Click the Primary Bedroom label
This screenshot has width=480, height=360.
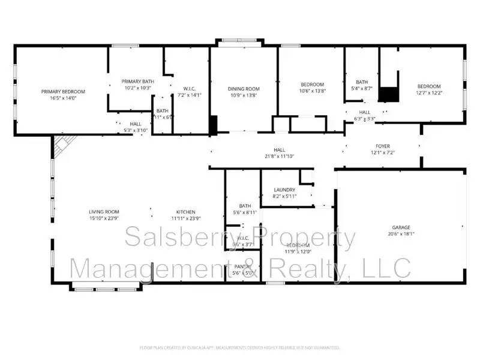[x=63, y=91]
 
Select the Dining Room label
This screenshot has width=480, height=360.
[x=244, y=89]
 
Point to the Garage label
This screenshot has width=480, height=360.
[x=401, y=227]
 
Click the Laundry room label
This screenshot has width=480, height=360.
[x=284, y=190]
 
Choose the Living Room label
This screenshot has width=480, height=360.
[x=104, y=212]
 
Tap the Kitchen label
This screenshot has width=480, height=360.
[x=185, y=212]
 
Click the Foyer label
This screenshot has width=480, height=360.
[x=382, y=145]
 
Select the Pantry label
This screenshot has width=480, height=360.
[x=242, y=266]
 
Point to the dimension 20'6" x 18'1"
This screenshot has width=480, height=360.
[x=401, y=234]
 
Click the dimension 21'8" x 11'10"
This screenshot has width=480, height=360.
[x=280, y=156]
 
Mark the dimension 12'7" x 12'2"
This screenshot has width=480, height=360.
[x=429, y=93]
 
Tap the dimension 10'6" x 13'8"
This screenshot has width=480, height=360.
[x=313, y=91]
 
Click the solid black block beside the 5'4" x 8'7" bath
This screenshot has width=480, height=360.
[x=389, y=94]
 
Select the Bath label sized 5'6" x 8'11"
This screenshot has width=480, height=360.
[x=244, y=205]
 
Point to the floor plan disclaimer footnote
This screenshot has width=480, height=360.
[x=240, y=347]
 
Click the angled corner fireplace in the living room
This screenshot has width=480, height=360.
[x=61, y=144]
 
